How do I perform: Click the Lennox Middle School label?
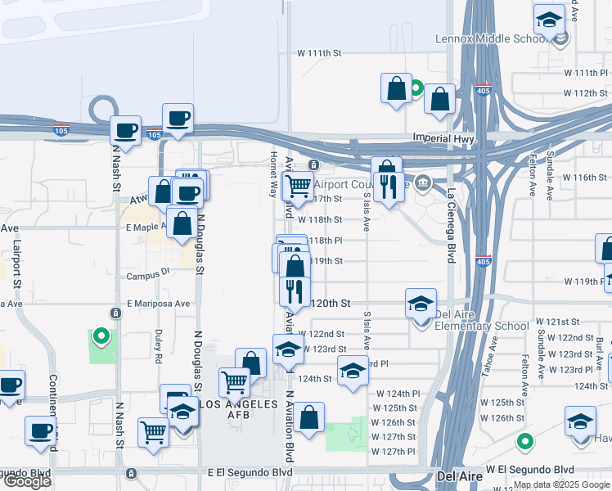tap(507, 38)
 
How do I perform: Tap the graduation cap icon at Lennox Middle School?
tap(550, 18)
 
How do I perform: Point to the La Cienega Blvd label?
tap(451, 226)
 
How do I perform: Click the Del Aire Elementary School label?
tap(482, 319)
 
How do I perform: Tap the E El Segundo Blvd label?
tap(250, 472)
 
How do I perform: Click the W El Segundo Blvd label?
tap(530, 470)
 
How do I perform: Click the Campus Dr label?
tap(148, 276)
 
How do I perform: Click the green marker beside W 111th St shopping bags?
tap(416, 88)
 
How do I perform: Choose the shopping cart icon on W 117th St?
tap(298, 187)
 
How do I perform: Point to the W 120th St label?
tap(331, 303)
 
